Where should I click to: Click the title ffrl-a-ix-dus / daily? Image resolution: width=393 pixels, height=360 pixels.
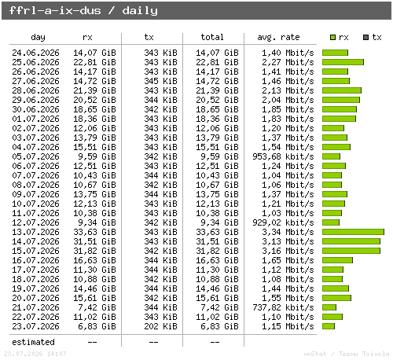(83, 11)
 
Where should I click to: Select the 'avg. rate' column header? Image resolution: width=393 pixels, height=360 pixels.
(278, 37)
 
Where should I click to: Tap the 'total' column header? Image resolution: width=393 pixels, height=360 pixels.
(212, 37)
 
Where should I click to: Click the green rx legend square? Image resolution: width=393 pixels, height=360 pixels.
(332, 37)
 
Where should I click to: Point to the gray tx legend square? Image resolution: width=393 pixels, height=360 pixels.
(365, 37)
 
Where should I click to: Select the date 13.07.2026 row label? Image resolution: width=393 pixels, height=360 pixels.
(35, 232)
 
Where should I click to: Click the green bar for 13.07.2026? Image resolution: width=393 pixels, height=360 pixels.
(353, 232)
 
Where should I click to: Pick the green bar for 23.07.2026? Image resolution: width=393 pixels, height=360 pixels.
(329, 326)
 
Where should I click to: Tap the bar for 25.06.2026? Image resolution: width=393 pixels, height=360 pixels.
(343, 62)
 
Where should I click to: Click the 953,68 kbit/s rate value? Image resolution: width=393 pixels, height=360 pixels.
(283, 156)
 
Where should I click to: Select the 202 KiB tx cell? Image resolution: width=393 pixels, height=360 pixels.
(160, 326)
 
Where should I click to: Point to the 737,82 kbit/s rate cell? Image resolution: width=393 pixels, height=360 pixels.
(283, 307)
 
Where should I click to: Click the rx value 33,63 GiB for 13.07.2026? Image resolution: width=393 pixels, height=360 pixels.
(94, 232)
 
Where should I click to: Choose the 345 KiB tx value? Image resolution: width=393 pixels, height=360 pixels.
(160, 81)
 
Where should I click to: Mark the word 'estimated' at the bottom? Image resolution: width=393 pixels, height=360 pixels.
(33, 342)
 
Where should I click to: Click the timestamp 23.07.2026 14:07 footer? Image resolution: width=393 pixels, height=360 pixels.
(35, 354)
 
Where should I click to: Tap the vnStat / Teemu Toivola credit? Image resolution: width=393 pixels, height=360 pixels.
(347, 354)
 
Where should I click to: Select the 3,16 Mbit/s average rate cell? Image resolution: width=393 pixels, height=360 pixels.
(288, 251)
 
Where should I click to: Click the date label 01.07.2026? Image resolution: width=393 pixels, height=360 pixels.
(35, 119)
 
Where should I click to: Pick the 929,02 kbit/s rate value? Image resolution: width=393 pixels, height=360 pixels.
(283, 222)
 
